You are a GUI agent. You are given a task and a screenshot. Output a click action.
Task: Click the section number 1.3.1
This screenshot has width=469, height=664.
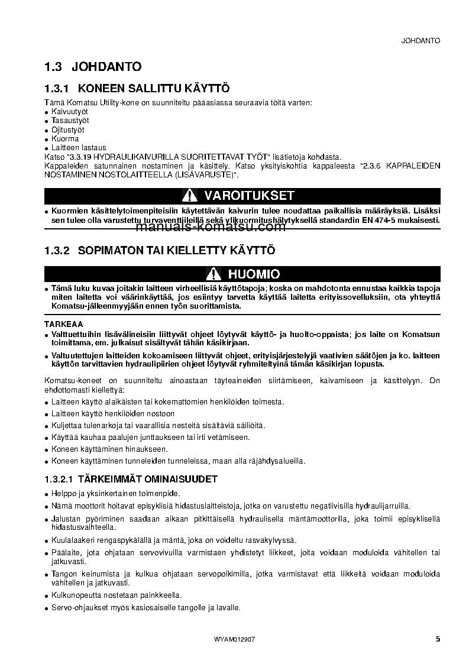click(x=57, y=89)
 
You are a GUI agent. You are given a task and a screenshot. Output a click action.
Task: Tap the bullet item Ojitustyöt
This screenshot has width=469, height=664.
click(x=68, y=129)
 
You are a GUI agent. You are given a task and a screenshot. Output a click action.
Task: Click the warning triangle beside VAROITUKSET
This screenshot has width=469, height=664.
click(x=189, y=196)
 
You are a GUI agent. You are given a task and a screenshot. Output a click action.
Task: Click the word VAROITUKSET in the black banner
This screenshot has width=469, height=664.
click(x=249, y=196)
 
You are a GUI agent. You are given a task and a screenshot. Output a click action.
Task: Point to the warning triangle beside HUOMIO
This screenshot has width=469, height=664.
click(x=214, y=274)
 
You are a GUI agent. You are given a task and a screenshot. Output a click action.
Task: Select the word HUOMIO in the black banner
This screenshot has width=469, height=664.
click(x=254, y=274)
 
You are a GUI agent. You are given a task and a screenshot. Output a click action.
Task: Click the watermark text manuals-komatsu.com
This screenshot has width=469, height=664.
click(x=203, y=227)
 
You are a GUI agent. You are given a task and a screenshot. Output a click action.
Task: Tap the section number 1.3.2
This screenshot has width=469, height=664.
click(x=57, y=251)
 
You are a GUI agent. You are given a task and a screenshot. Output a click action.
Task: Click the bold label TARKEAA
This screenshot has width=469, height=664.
click(x=63, y=324)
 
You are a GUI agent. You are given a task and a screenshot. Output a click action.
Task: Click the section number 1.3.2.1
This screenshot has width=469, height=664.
click(x=60, y=478)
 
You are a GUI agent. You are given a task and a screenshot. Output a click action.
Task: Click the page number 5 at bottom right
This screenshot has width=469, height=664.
click(x=438, y=639)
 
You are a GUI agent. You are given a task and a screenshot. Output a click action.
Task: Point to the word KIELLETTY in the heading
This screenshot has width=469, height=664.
click(x=191, y=251)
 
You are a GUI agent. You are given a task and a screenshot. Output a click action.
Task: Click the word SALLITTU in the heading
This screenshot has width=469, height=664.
click(x=153, y=89)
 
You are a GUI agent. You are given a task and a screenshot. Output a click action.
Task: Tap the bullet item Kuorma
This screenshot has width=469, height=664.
click(x=65, y=138)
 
